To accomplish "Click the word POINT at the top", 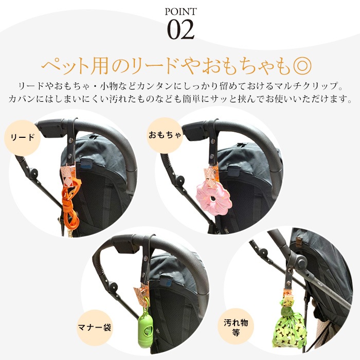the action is point(181,11).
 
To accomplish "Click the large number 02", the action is point(181,30).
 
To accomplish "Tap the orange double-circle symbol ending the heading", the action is point(302,66).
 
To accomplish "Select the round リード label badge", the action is point(23,138).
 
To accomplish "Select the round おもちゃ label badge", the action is point(165,135).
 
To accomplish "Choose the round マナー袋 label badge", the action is point(95,328).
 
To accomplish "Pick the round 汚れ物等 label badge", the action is point(236,327).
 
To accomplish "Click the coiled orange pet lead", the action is point(70,204).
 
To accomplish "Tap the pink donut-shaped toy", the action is point(210,195).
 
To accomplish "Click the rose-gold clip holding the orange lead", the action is point(68,174).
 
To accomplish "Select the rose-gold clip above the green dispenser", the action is point(141,293).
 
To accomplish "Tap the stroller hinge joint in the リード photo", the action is point(34,172).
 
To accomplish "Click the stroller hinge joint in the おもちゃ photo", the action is point(180,178).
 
